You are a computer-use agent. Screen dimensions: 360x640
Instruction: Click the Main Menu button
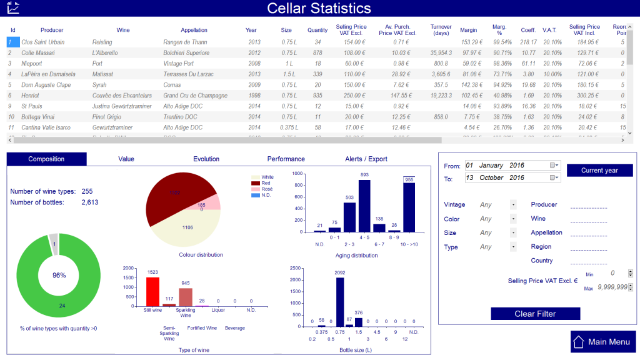[x=603, y=342]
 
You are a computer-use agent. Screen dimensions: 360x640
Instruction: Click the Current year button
[x=599, y=170]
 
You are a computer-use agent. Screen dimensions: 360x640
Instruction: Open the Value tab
[x=126, y=159]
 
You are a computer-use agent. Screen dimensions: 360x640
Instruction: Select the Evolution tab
[x=206, y=159]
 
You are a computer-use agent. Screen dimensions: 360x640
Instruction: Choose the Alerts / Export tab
[x=366, y=159]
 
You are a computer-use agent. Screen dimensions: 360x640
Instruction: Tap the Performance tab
[x=286, y=159]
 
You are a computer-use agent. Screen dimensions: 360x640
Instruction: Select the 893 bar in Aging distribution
[x=364, y=206]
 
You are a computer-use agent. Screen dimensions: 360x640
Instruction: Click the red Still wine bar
[x=152, y=291]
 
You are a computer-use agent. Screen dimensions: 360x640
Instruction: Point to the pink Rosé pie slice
[x=212, y=202]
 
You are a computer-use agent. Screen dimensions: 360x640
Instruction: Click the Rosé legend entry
[x=264, y=189]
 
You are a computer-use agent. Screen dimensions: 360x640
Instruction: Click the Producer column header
[x=52, y=30]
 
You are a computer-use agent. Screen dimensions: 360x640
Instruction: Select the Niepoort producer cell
[x=32, y=63]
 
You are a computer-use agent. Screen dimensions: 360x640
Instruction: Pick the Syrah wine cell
[x=100, y=84]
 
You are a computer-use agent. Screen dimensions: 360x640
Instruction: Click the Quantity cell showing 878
[x=317, y=52]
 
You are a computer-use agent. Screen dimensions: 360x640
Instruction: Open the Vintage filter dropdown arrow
[x=513, y=204]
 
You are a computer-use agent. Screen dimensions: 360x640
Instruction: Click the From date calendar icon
[x=553, y=166]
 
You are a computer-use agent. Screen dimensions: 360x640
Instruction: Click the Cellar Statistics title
[x=319, y=8]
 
